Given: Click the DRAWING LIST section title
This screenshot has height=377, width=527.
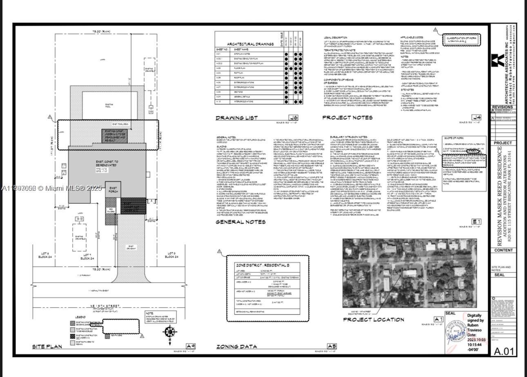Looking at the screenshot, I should click(x=237, y=118).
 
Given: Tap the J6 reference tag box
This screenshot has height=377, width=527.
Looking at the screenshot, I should click(x=293, y=118).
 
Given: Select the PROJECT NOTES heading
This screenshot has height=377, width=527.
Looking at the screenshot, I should click(x=347, y=118).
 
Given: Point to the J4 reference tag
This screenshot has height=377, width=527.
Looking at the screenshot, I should click(x=476, y=118).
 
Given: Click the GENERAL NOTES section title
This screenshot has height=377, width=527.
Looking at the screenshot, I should click(x=241, y=222).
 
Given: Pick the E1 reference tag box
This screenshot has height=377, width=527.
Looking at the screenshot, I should click(x=476, y=222).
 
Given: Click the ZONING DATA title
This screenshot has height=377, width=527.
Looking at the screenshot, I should click(x=237, y=347).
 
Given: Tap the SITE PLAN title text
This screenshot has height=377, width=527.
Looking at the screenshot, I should click(x=47, y=347).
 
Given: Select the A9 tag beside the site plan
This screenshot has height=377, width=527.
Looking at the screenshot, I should click(x=190, y=346).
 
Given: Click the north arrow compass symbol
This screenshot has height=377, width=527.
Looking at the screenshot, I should click(x=169, y=331).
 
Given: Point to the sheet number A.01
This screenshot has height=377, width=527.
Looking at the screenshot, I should click(x=503, y=351).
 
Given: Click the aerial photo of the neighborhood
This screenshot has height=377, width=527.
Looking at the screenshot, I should click(x=409, y=273).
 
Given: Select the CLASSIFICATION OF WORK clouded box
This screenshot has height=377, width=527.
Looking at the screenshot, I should click(x=461, y=40).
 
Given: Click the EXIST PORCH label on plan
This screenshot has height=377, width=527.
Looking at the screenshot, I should click(x=113, y=190).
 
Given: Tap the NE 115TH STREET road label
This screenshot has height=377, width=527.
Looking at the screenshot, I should click(x=105, y=305).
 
